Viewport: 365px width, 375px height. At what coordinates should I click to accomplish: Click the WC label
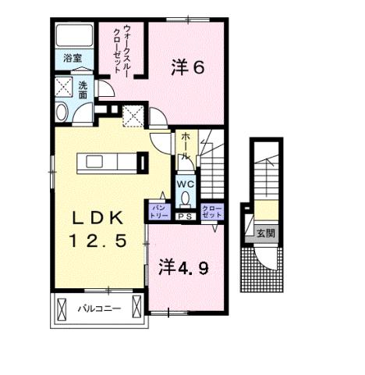[x=186, y=184]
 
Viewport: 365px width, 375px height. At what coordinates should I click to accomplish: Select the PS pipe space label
[x=186, y=216]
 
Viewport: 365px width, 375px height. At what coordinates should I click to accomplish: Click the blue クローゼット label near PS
[x=211, y=211]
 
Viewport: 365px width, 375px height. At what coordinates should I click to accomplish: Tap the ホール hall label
[x=186, y=146]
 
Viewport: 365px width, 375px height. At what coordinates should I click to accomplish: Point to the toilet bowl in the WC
[x=185, y=198]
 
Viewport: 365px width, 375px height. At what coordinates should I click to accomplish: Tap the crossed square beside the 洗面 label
[x=63, y=87]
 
